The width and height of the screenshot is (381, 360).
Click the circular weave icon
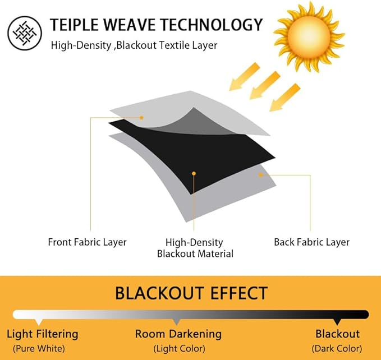(x=25, y=33)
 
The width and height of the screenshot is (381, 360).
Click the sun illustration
(x=309, y=37)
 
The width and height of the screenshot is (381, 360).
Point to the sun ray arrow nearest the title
(x=245, y=76)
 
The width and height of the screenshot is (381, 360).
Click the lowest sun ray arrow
(x=285, y=98)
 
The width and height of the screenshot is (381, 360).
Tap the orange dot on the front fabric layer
(x=141, y=118)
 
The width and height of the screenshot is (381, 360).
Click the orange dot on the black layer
(x=194, y=174)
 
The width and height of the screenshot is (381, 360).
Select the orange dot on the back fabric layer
(x=261, y=175)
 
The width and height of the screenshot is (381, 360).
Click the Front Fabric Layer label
(x=87, y=242)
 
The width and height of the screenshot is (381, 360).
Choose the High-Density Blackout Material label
(x=195, y=248)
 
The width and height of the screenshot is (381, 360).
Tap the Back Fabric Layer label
(x=312, y=242)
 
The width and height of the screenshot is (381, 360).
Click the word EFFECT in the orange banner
(x=239, y=293)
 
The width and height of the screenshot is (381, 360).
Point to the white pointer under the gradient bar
(x=39, y=322)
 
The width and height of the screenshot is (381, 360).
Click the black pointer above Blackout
(x=337, y=322)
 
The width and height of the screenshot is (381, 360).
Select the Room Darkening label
(x=178, y=334)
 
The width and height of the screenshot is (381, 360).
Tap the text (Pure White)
(x=39, y=349)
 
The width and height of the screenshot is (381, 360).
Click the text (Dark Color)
(x=337, y=349)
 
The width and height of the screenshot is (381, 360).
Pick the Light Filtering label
(x=43, y=334)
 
